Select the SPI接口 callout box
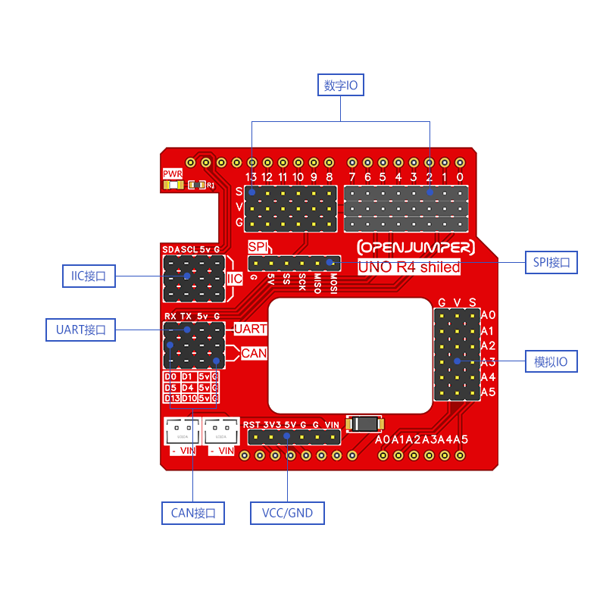551,263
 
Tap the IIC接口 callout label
89,276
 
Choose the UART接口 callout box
86,330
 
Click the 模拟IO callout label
551,362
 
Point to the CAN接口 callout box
193,513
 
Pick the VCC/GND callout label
287,513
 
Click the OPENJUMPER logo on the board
416,248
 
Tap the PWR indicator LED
173,184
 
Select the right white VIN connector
222,433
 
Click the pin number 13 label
251,177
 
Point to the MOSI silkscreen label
333,283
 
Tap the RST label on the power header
251,425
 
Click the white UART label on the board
250,329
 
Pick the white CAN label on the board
254,353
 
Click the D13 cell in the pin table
171,398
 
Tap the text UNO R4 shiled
409,267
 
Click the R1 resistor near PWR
197,184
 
